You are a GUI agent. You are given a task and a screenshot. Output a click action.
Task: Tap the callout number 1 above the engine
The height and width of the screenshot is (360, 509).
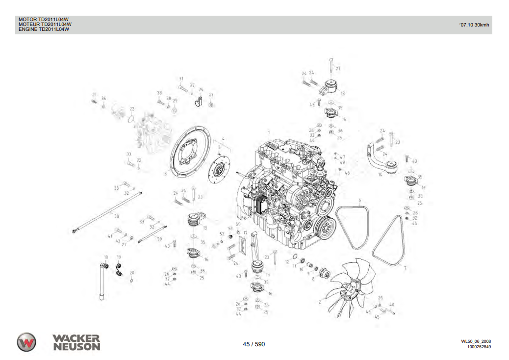[269, 132]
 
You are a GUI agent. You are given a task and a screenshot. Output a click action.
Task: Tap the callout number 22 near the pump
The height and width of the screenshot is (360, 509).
[132, 108]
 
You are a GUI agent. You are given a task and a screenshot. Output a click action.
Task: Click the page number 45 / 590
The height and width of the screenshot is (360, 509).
[254, 344]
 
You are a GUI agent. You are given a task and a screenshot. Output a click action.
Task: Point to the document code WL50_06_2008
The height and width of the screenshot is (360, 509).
[476, 341]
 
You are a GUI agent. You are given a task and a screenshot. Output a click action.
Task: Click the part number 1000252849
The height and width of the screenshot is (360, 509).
[479, 347]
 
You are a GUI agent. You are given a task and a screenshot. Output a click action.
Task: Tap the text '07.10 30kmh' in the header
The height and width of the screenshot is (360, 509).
[474, 25]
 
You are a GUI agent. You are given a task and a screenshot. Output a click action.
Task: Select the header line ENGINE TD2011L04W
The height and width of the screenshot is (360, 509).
[44, 29]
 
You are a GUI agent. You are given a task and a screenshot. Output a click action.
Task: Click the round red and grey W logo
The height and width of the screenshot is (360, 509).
[26, 342]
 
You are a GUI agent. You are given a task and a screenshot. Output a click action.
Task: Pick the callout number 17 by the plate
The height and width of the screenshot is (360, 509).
[245, 232]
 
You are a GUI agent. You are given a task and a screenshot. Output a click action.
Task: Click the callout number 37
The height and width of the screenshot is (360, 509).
[211, 95]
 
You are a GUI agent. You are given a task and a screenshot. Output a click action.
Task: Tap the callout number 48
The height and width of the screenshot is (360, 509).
[347, 173]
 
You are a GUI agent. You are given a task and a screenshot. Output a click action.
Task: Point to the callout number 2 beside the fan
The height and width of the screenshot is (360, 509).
[320, 302]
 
